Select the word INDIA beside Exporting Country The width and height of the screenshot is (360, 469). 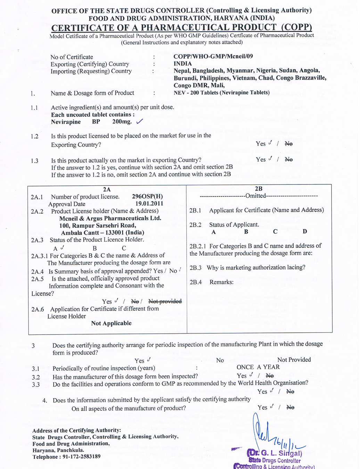tap(182, 64)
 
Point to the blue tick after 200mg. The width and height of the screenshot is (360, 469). tap(139, 121)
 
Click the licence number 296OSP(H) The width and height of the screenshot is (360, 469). tap(147, 196)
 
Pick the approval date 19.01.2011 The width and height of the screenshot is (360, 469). tap(149, 204)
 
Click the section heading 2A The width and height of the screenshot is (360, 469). tap(107, 189)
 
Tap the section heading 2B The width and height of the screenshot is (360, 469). tap(259, 189)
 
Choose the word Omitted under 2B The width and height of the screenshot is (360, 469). tap(256, 196)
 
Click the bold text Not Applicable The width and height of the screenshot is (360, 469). tap(111, 323)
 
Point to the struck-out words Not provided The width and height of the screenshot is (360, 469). tap(165, 301)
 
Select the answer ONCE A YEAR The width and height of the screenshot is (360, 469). tap(258, 367)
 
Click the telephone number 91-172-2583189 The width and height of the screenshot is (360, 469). tap(81, 456)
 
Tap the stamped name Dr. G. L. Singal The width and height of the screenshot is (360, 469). tap(275, 453)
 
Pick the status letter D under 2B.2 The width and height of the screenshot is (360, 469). tap(305, 231)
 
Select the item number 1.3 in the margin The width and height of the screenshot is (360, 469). tap(34, 161)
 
